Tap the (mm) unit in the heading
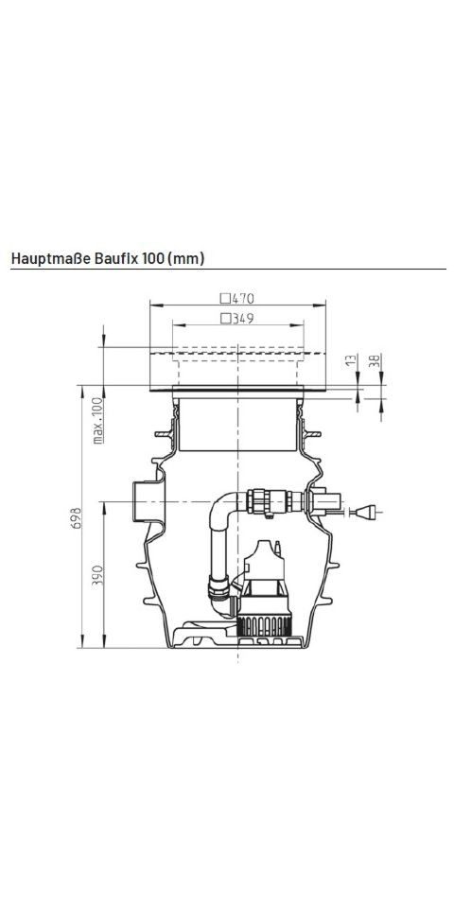pos(185,259)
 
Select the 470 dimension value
pos(243,299)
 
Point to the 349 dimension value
pos(243,319)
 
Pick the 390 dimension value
pos(97,577)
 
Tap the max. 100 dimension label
pos(97,421)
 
